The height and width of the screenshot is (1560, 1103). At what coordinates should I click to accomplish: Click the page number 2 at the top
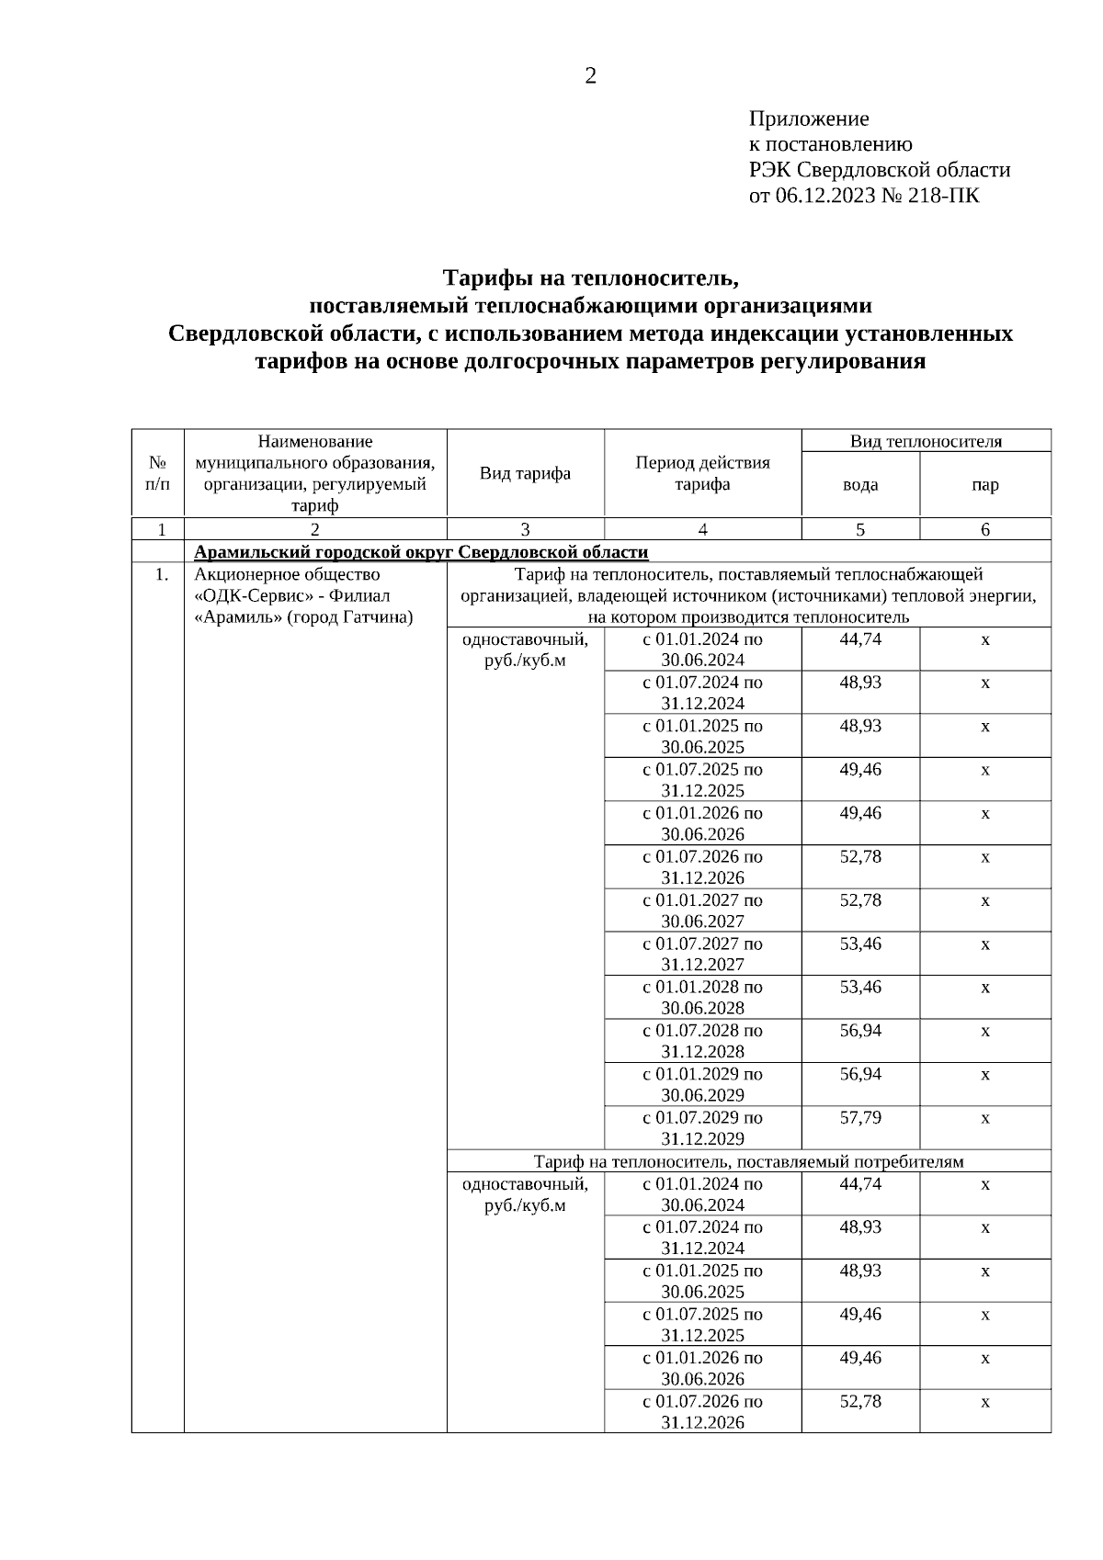(590, 76)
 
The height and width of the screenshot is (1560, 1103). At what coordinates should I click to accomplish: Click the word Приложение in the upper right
(809, 119)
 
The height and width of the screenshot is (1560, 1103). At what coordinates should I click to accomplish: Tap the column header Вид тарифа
(525, 473)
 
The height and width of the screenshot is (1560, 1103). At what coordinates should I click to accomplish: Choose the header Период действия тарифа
(702, 473)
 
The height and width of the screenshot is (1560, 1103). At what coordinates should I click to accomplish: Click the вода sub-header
(860, 484)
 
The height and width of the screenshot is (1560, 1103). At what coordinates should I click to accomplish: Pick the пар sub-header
(984, 484)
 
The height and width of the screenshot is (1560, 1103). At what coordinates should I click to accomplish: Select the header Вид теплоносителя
(926, 441)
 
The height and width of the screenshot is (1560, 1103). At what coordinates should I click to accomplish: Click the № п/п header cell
(157, 473)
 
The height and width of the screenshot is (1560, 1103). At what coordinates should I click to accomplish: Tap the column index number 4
(702, 529)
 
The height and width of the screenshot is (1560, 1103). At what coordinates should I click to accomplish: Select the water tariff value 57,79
(860, 1117)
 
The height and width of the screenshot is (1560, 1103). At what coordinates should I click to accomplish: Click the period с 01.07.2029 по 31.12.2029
(702, 1128)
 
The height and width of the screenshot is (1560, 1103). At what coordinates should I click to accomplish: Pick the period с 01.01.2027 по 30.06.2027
(702, 910)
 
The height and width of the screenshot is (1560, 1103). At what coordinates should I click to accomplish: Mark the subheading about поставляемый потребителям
(748, 1161)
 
